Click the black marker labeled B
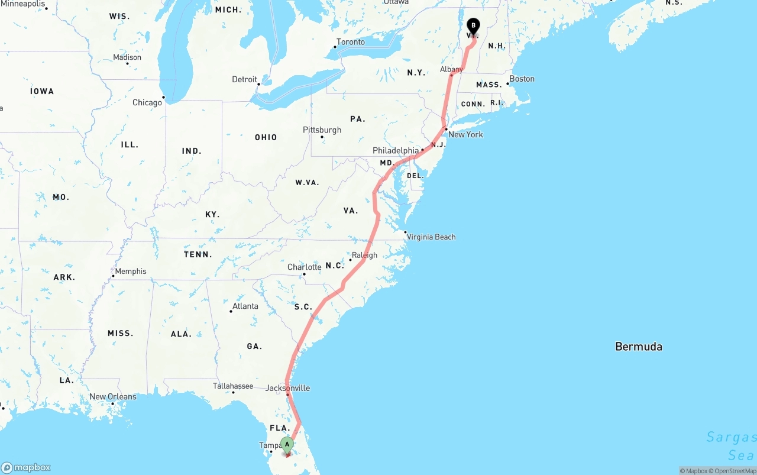[x=473, y=26]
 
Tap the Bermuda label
[x=639, y=347]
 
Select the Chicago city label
[x=147, y=102]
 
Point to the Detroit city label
[x=244, y=79]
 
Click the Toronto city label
[x=351, y=42]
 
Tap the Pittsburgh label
[x=322, y=130]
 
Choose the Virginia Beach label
[x=431, y=237]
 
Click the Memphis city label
[x=131, y=271]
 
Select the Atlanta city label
[x=245, y=306]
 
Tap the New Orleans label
[x=112, y=396]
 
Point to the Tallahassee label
[x=233, y=386]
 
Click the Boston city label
[x=522, y=79]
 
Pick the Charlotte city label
[x=304, y=267]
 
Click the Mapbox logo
[x=26, y=467]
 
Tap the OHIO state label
[x=266, y=137]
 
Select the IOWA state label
[x=42, y=91]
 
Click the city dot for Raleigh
[x=350, y=260]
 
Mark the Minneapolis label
[x=23, y=4]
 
